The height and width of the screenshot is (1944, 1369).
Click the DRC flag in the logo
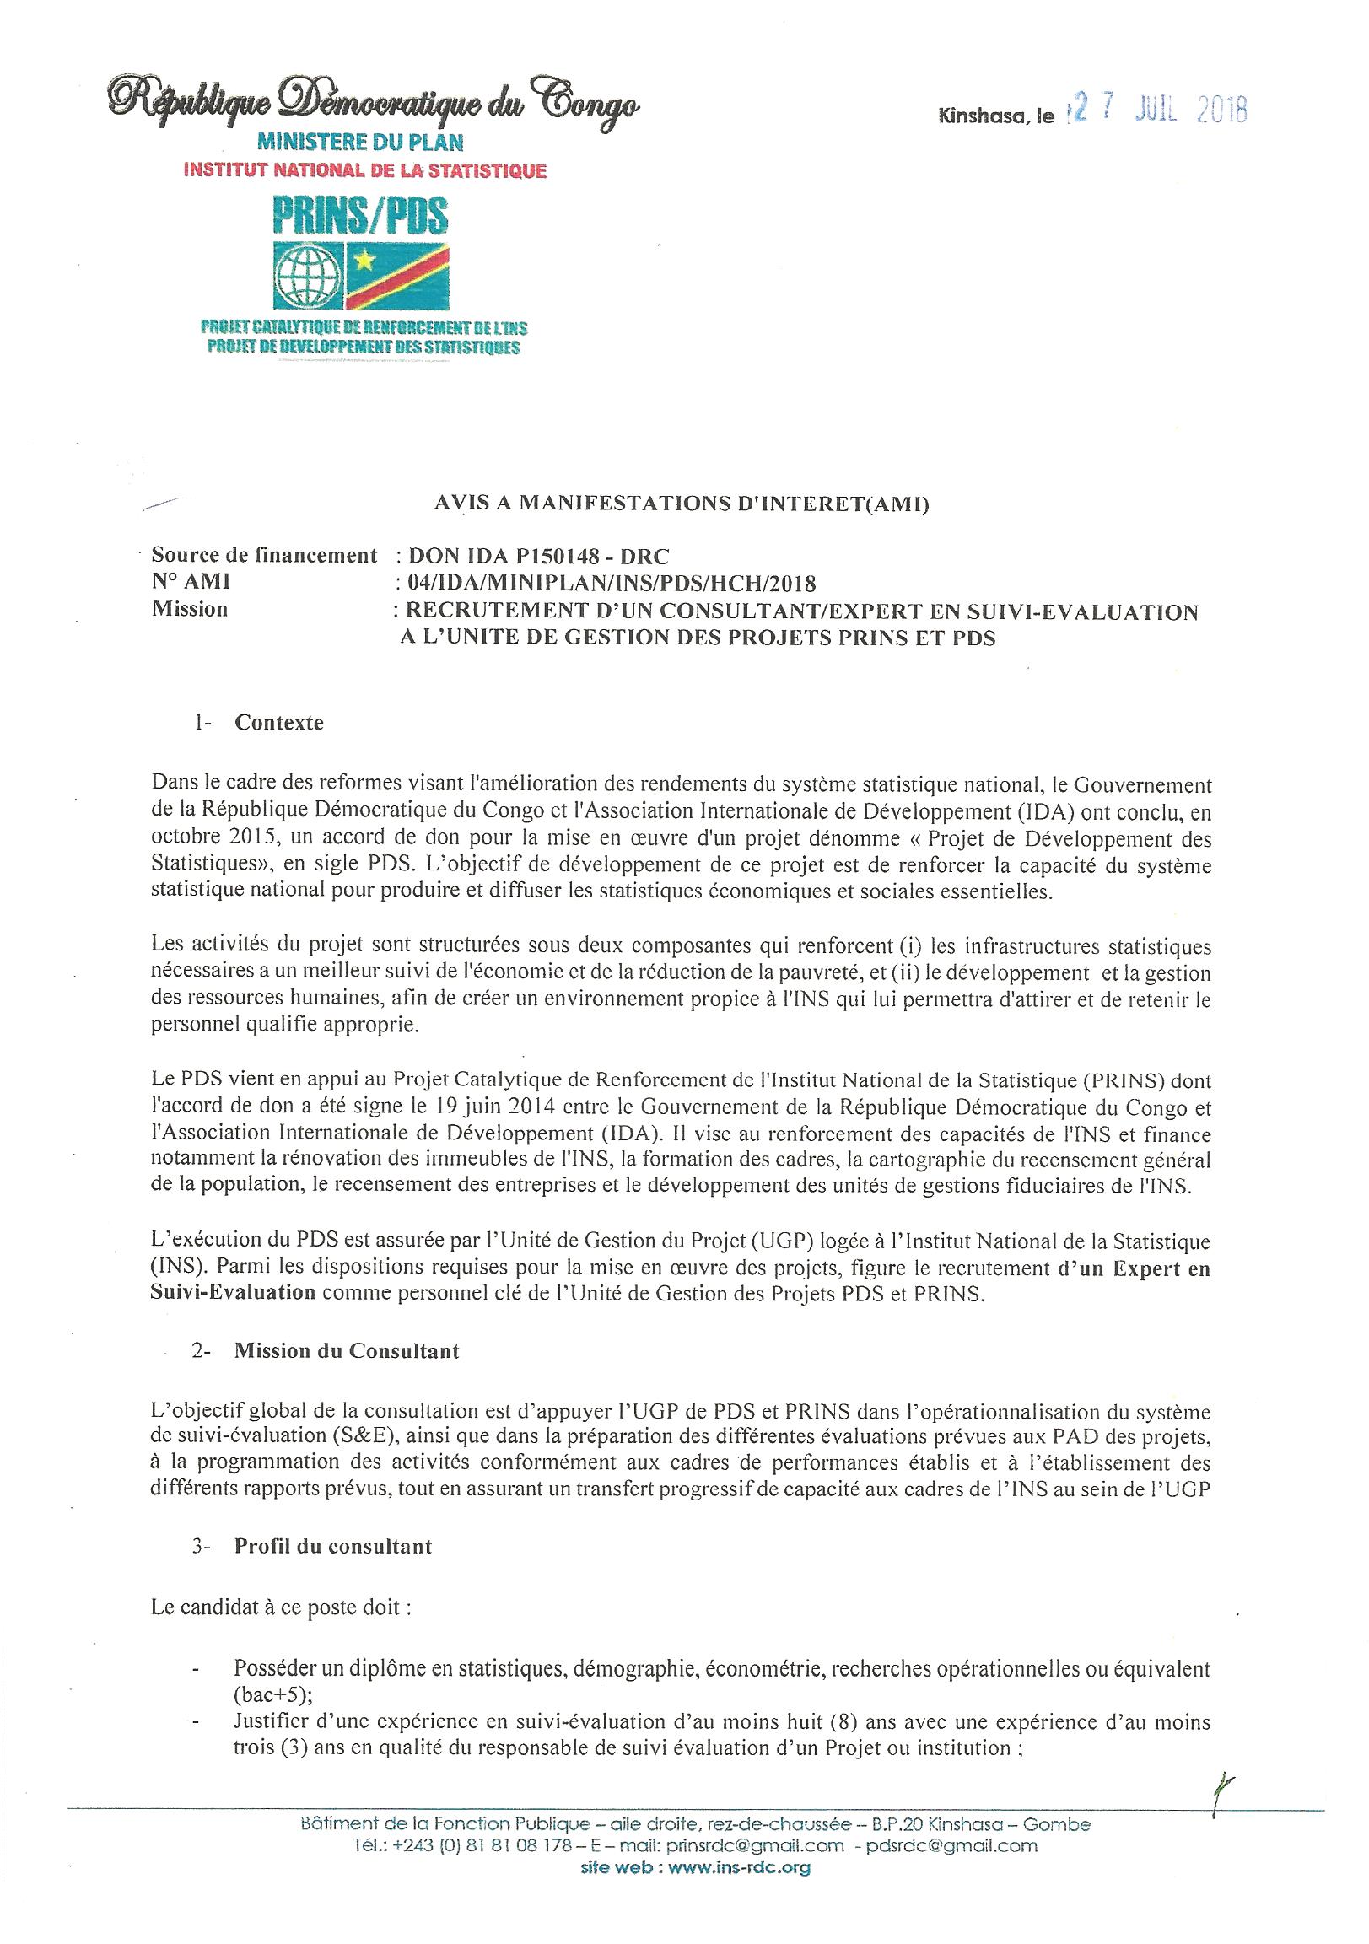coord(397,277)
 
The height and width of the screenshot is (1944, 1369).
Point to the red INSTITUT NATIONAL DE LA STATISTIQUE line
coord(365,171)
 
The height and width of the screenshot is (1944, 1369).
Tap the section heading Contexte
coord(278,723)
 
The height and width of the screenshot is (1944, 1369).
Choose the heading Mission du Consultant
coord(347,1350)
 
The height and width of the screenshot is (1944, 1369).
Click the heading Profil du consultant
coord(332,1546)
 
